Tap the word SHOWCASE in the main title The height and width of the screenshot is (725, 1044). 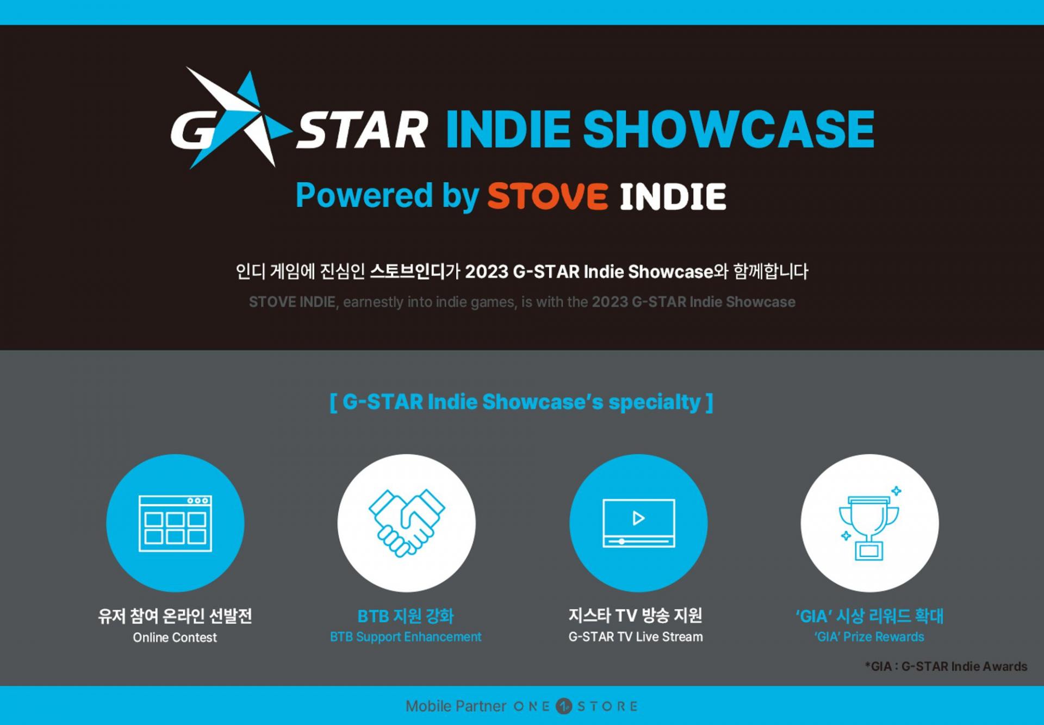[x=729, y=129]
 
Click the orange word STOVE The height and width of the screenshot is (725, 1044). [x=548, y=196]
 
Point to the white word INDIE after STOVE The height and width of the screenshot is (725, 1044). [x=673, y=196]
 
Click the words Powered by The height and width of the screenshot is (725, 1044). [x=387, y=196]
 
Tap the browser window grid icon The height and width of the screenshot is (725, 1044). [x=175, y=523]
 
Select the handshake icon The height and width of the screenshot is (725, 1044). [x=407, y=523]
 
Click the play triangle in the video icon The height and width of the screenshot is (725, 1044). [x=639, y=518]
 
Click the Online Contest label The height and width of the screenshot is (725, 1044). [x=175, y=637]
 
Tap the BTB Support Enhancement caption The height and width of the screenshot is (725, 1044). [x=406, y=637]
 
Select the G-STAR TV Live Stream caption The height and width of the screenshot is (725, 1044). [x=636, y=637]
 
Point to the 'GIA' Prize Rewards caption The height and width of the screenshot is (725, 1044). [x=869, y=637]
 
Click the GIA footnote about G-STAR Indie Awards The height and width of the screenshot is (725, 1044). [x=946, y=666]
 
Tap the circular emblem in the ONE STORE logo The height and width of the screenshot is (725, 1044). [x=564, y=706]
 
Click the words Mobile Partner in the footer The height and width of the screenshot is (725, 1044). [x=456, y=706]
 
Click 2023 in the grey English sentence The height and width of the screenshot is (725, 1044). [x=610, y=302]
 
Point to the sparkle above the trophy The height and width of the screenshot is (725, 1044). [x=896, y=491]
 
